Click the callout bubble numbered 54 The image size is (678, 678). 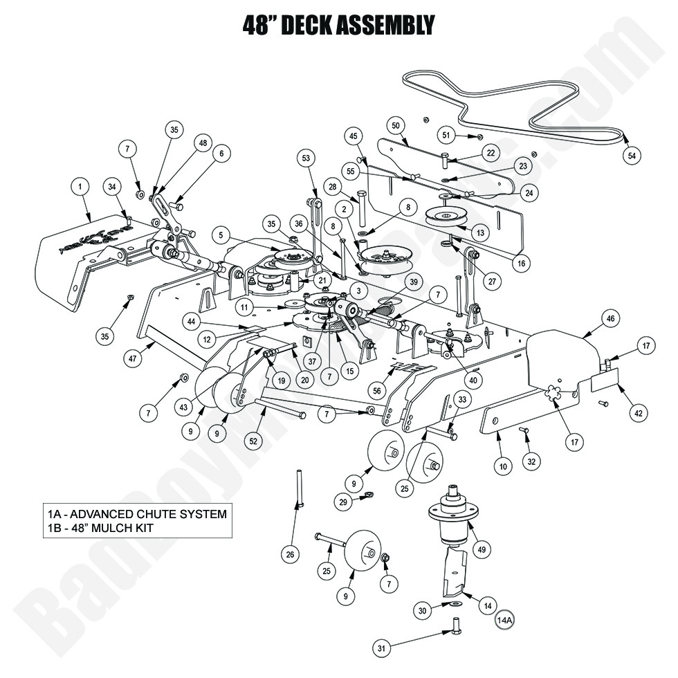click(631, 156)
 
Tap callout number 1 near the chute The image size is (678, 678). click(81, 186)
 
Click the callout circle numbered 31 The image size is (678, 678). click(381, 648)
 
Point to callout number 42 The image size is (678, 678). click(638, 413)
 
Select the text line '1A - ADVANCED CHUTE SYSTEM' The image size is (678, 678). click(136, 514)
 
